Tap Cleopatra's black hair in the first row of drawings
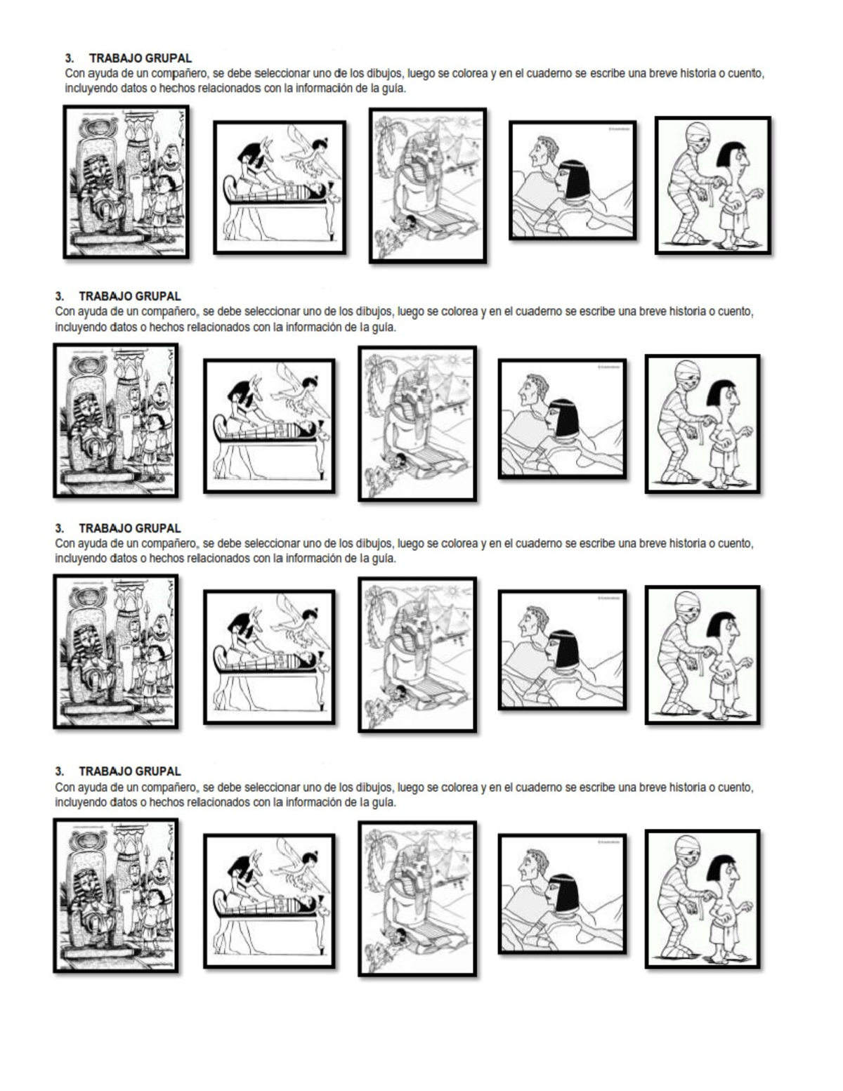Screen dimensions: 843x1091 [576, 178]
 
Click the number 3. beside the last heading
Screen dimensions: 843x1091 [59, 771]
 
